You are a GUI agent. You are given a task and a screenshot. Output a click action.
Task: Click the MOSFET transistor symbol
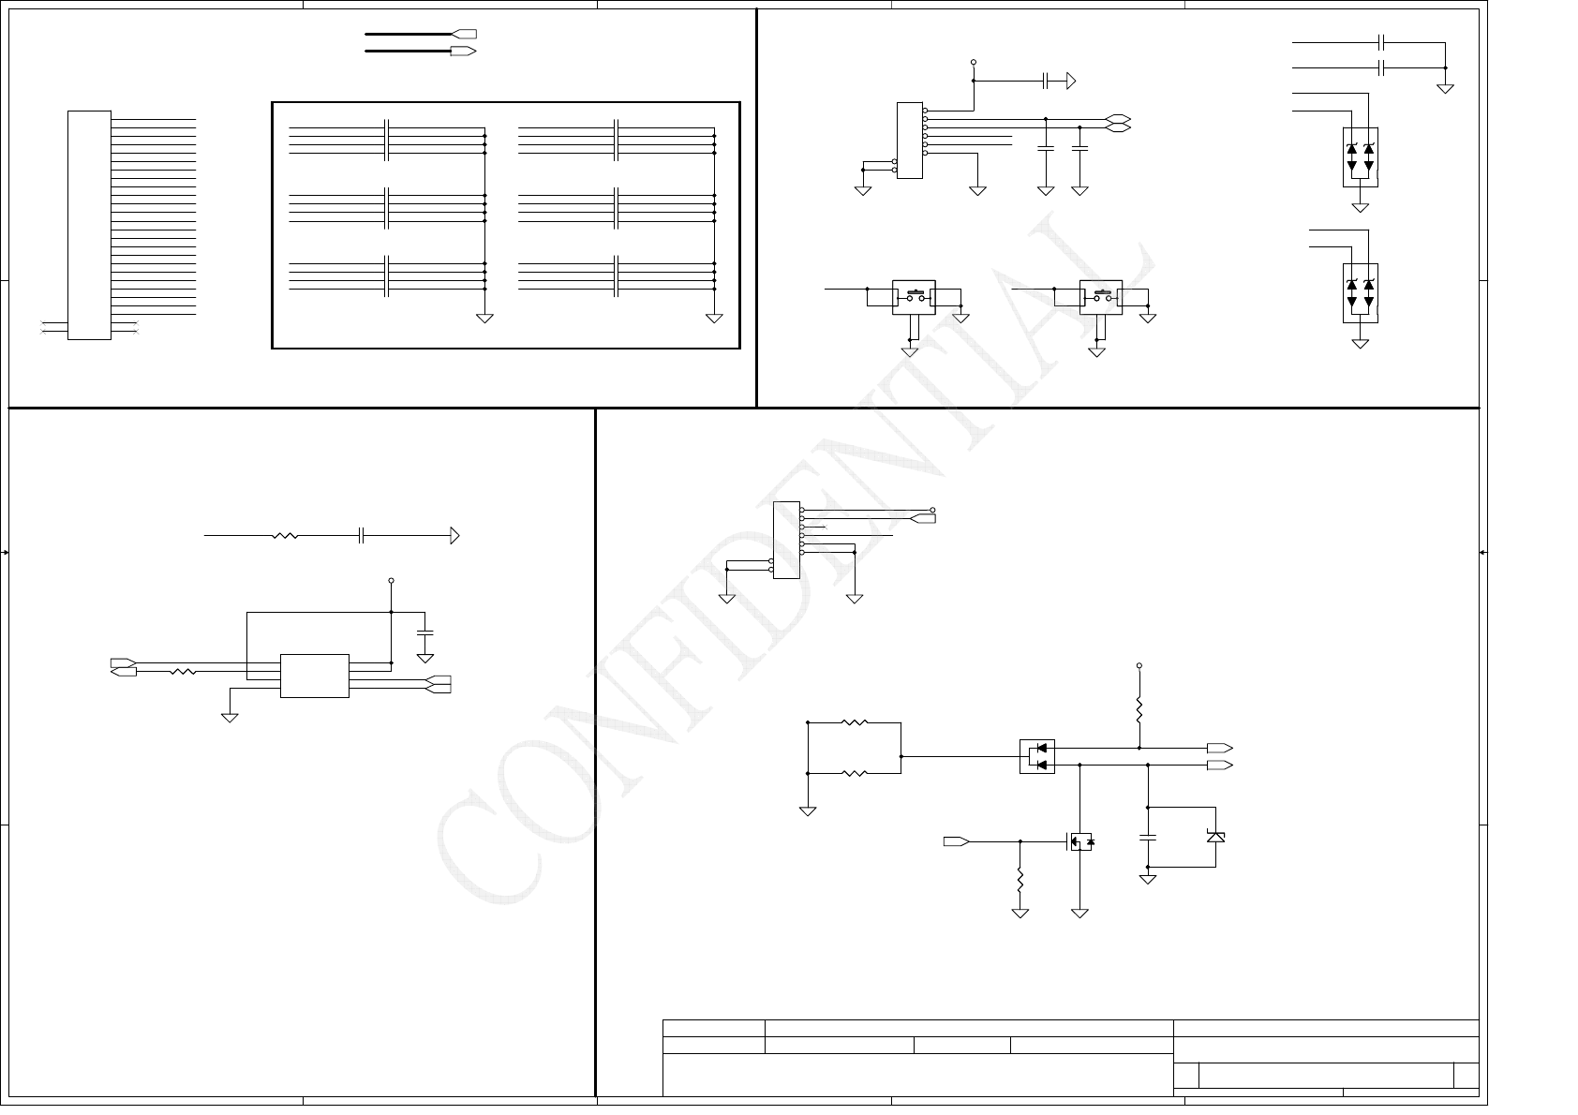(1079, 841)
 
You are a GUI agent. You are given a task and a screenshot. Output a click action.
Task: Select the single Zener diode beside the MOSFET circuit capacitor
(1215, 836)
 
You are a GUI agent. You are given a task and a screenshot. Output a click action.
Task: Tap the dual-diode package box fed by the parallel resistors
(1036, 756)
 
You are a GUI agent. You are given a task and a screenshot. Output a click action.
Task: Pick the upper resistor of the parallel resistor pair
(855, 722)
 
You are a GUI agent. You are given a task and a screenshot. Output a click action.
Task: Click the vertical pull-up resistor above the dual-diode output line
(1139, 708)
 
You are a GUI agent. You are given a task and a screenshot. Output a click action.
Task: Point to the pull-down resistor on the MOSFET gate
(1020, 881)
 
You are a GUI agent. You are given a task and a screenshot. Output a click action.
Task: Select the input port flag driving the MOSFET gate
(956, 841)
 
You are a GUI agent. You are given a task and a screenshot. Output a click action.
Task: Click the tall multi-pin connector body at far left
(89, 225)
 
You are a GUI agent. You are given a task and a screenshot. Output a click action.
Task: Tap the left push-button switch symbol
(914, 297)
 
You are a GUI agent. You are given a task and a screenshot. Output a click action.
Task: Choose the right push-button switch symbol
(1100, 297)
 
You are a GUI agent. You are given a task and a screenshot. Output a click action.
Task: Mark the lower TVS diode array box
(1360, 292)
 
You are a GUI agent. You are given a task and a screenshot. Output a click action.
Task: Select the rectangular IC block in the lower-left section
(314, 675)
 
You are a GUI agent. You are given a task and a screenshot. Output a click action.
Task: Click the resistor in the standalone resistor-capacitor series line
(284, 536)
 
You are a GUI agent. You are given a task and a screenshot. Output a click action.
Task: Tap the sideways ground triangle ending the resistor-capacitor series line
(454, 536)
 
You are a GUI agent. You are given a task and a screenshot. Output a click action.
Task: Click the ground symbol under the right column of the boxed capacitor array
(714, 319)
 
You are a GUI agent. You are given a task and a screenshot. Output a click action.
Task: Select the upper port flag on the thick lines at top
(464, 34)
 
